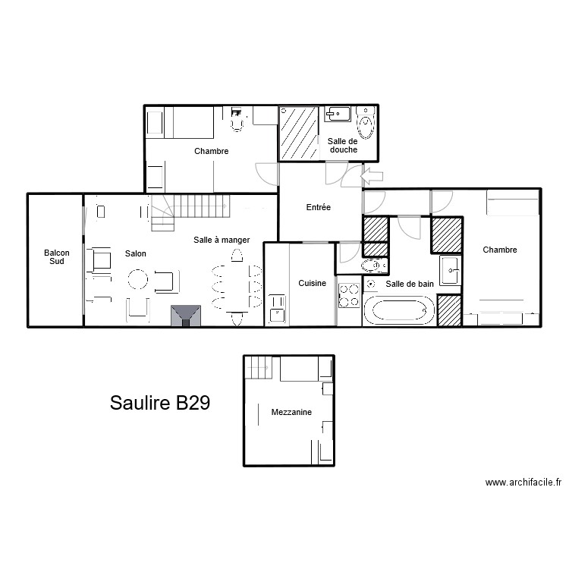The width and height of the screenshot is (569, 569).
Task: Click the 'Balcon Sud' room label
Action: (55, 256)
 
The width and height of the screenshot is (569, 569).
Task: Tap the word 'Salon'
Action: (136, 253)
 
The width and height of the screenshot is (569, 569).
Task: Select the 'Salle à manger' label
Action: (222, 240)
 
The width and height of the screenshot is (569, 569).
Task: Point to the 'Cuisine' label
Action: (312, 283)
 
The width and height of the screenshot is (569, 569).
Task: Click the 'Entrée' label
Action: (317, 207)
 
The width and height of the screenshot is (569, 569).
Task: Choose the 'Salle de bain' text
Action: (410, 284)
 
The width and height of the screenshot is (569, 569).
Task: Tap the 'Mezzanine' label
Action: (291, 412)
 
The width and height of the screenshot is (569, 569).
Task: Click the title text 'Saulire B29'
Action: (159, 403)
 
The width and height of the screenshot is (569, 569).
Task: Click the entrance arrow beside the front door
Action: (372, 178)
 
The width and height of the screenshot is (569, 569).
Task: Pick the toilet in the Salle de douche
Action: (366, 124)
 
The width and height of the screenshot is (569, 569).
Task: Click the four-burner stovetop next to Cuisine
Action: (350, 295)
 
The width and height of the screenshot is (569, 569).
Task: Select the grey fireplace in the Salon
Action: (186, 316)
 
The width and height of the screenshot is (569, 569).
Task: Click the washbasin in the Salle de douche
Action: (338, 114)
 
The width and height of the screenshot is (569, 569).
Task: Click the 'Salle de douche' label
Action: (343, 145)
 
